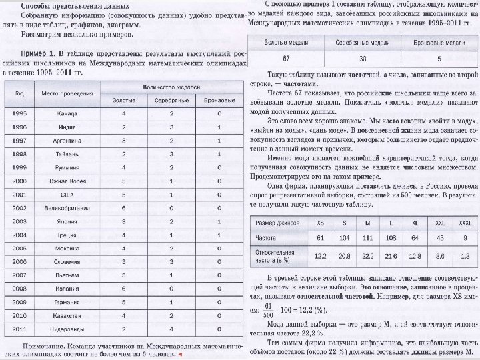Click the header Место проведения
[65, 93]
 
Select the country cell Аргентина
[65, 140]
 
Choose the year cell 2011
[19, 329]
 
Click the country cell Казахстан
[65, 315]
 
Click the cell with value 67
[285, 58]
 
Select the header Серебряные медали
[362, 41]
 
